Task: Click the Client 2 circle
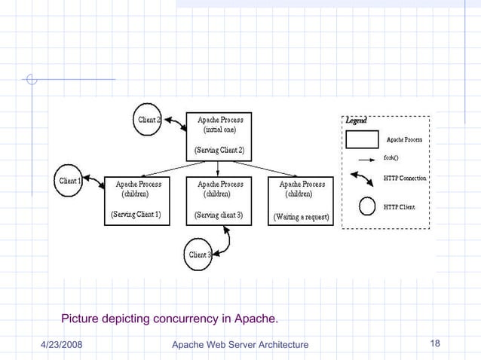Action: (x=148, y=120)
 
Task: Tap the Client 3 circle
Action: (x=200, y=255)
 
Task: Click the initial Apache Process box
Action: (x=219, y=135)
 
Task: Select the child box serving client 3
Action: (x=219, y=200)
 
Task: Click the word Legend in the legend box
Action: (x=357, y=121)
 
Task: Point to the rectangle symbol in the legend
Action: (x=363, y=140)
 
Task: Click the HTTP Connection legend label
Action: (x=406, y=178)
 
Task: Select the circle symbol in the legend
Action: (x=367, y=206)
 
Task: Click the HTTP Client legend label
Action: (x=400, y=206)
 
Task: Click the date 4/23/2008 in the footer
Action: (x=62, y=345)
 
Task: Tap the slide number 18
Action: (x=434, y=344)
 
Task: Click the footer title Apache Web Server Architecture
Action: (x=240, y=345)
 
